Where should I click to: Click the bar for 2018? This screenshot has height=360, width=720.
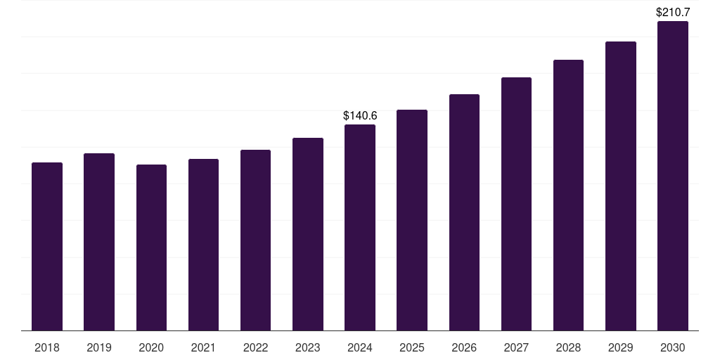(47, 246)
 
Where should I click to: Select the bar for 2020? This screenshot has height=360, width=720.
(151, 247)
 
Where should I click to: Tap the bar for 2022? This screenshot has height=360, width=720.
(255, 240)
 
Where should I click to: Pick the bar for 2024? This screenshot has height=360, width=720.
(360, 227)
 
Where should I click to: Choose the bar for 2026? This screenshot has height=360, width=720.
(464, 212)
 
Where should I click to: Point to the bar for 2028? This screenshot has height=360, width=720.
(568, 195)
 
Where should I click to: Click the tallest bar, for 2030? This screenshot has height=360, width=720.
(672, 176)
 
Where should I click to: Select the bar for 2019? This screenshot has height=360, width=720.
(99, 242)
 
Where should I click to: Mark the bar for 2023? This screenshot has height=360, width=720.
(308, 234)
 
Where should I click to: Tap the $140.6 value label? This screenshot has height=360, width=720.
(360, 115)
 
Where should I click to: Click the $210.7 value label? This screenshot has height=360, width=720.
(673, 12)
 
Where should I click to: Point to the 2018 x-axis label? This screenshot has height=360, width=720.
(47, 347)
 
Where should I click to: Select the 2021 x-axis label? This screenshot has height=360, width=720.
(203, 347)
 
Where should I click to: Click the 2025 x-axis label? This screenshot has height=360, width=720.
(412, 347)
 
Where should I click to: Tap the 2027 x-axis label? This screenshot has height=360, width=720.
(516, 347)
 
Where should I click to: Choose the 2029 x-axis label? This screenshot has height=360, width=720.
(620, 347)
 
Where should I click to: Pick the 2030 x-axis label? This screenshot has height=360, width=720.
(672, 347)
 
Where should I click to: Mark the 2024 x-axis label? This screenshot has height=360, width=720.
(360, 347)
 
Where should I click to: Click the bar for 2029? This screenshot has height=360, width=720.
(620, 186)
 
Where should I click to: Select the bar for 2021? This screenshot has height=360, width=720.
(203, 245)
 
